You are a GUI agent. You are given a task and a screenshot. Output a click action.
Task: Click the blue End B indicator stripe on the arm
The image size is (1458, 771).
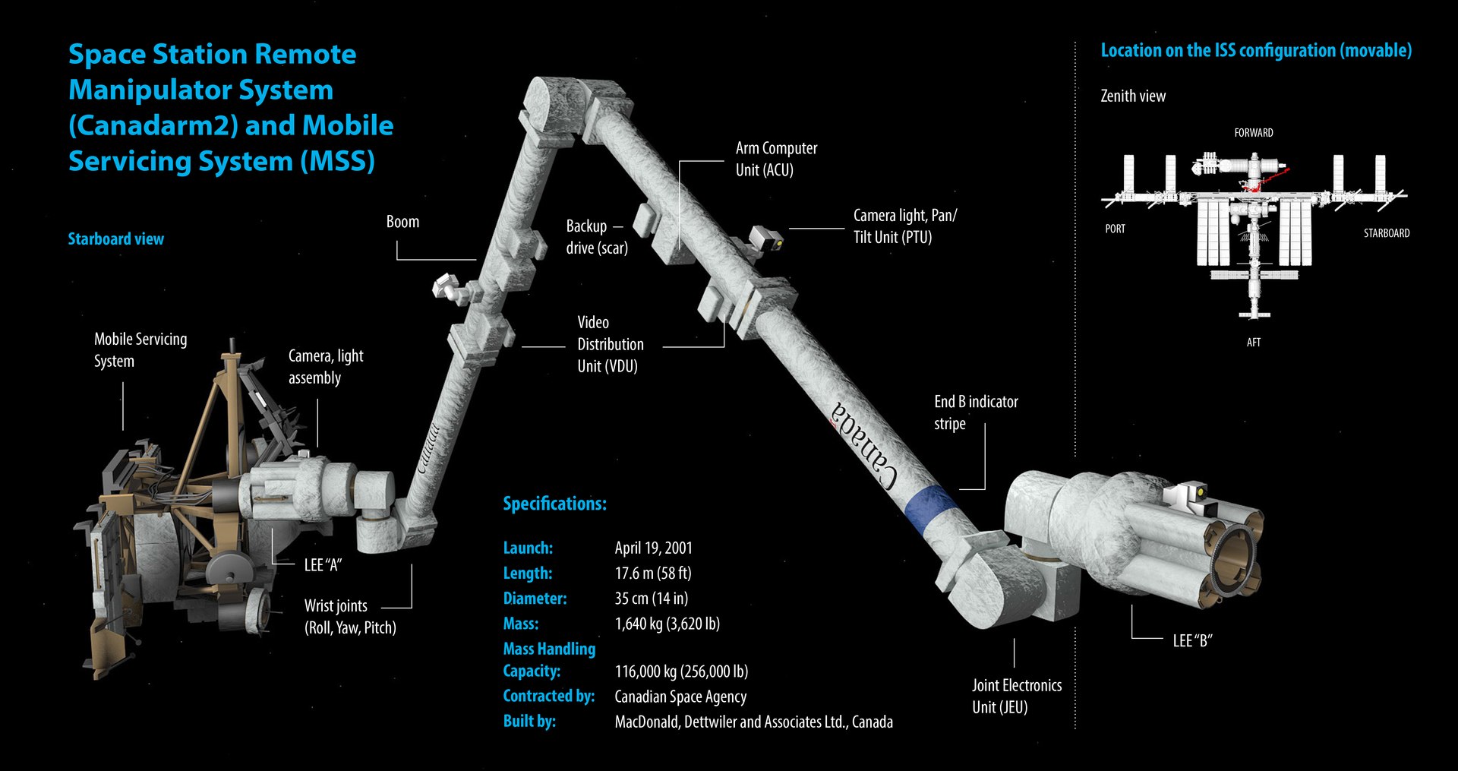tap(930, 508)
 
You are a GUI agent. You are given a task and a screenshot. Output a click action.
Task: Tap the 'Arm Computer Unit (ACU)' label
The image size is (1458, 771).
tap(775, 159)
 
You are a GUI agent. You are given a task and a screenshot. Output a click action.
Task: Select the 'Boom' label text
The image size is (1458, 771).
tap(402, 222)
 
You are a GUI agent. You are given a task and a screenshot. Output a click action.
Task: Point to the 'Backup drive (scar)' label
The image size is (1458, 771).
tap(596, 237)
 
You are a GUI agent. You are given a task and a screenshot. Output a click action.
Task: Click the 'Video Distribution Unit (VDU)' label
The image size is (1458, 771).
tap(610, 344)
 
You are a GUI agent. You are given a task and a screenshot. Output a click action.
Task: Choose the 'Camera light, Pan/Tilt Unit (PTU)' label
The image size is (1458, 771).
tap(904, 226)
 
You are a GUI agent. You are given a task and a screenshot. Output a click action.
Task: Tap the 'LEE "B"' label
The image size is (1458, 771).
tap(1192, 640)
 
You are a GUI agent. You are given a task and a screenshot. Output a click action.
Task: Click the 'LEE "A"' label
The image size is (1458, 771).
tap(323, 564)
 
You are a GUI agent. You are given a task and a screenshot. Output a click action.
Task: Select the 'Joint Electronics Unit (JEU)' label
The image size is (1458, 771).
tap(1016, 696)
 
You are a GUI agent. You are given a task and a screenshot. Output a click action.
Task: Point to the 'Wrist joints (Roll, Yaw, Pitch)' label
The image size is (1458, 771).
tap(349, 617)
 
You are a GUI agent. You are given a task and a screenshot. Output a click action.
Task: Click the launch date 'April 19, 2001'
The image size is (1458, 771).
tap(653, 548)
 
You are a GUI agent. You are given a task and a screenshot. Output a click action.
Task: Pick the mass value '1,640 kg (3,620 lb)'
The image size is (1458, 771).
tap(667, 624)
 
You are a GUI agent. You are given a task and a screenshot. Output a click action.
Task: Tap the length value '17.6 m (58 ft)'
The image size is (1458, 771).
tap(652, 573)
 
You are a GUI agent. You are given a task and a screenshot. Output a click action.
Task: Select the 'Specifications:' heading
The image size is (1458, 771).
tap(554, 504)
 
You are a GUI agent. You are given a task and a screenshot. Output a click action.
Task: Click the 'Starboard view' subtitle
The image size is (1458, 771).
tap(115, 239)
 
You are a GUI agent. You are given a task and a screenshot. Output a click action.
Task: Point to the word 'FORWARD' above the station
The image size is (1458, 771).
tap(1253, 133)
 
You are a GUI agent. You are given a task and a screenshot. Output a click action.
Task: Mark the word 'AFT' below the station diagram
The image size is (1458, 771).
tap(1253, 343)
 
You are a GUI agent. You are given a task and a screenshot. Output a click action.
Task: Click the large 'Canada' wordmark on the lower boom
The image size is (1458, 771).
tap(864, 444)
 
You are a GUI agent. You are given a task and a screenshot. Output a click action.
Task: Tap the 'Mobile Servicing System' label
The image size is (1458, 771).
tap(140, 350)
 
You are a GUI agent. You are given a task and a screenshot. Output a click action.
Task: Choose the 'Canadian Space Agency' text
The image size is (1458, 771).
tap(680, 697)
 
